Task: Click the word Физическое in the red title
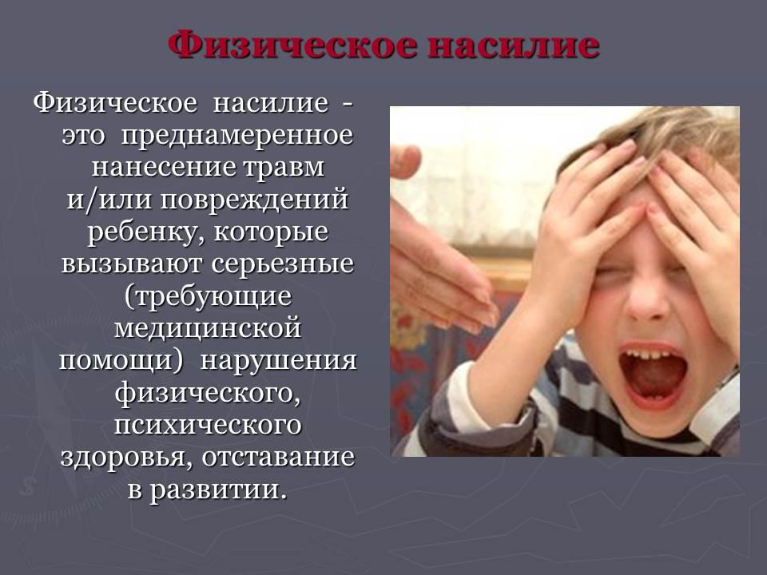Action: click(293, 45)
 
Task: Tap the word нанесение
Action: click(165, 167)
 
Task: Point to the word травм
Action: click(283, 167)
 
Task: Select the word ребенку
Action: click(146, 232)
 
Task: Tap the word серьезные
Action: click(283, 264)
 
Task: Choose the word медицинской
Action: click(208, 328)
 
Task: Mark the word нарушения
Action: click(279, 361)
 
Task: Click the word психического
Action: click(208, 426)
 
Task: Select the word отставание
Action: click(278, 457)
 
